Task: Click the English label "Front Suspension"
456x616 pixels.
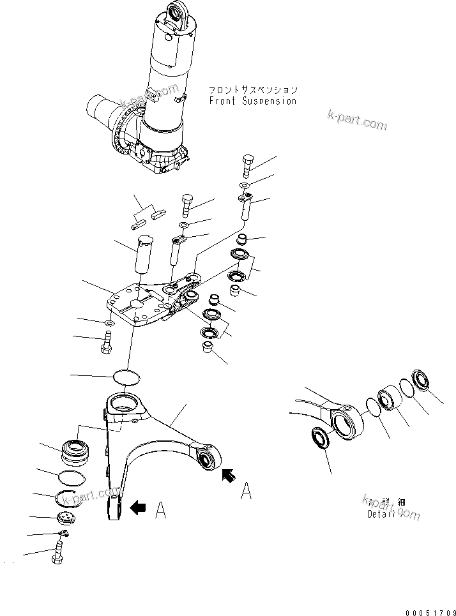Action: click(x=252, y=101)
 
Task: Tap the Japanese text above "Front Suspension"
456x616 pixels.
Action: click(x=253, y=90)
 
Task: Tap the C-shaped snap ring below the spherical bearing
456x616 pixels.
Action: click(x=68, y=499)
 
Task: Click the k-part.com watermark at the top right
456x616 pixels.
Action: click(x=357, y=119)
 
